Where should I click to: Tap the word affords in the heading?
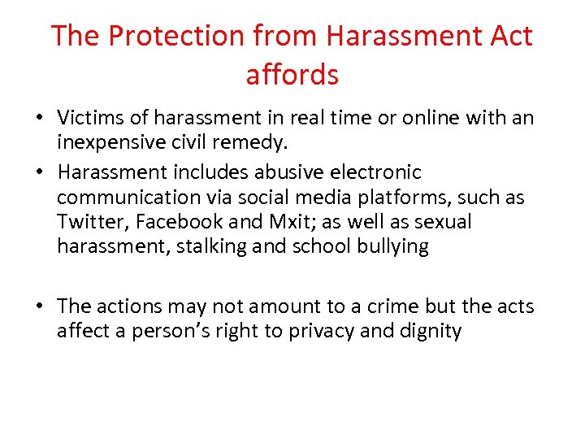click(x=292, y=75)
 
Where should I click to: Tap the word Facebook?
click(x=176, y=222)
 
